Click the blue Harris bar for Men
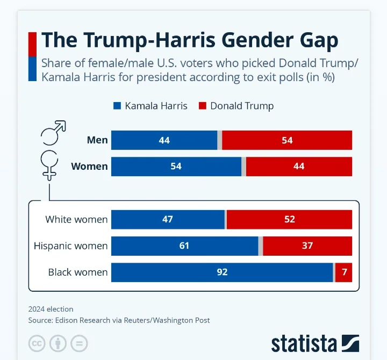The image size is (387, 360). click(164, 140)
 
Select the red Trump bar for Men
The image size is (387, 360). click(287, 140)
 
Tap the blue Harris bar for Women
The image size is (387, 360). click(176, 167)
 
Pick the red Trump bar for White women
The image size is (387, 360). click(289, 219)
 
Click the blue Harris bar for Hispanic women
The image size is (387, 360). click(184, 246)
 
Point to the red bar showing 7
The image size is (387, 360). click(343, 272)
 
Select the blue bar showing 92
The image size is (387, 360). click(222, 272)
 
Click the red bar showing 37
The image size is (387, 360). click(307, 246)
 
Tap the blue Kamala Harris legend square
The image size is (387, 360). click(117, 106)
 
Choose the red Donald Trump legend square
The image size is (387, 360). click(203, 106)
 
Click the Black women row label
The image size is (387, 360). click(78, 272)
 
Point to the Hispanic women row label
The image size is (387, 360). click(70, 246)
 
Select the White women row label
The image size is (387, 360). click(76, 219)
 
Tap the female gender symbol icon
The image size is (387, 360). click(50, 164)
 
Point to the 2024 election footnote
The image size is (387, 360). click(51, 309)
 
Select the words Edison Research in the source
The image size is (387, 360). click(82, 320)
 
